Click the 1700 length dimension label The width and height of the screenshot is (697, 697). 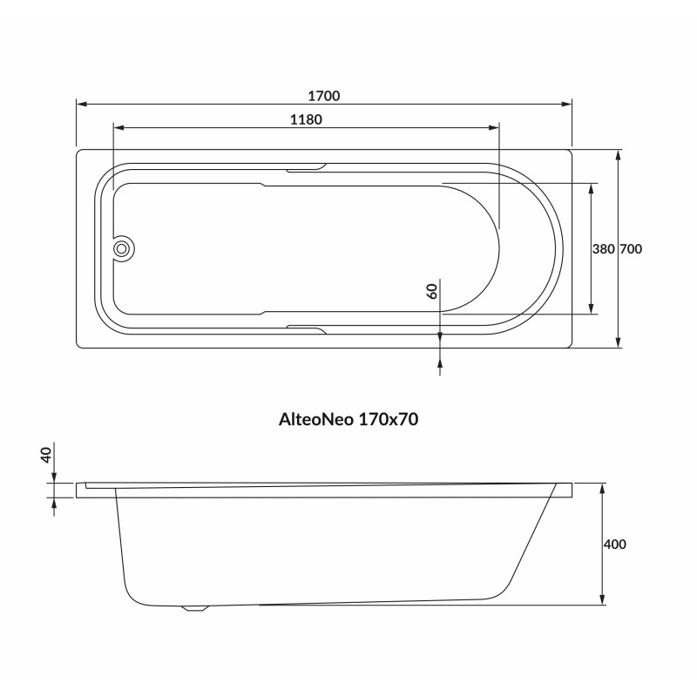point(323,96)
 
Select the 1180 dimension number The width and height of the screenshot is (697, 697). point(306,119)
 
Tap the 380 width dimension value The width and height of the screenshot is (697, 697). point(603,249)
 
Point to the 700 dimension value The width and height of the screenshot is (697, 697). point(631,249)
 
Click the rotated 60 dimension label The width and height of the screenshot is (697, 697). point(432,291)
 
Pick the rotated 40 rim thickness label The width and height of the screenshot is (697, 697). point(46,455)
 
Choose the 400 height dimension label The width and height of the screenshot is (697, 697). point(615,544)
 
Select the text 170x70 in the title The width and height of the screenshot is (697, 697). point(388,419)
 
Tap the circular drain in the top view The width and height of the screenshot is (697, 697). point(121,249)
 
